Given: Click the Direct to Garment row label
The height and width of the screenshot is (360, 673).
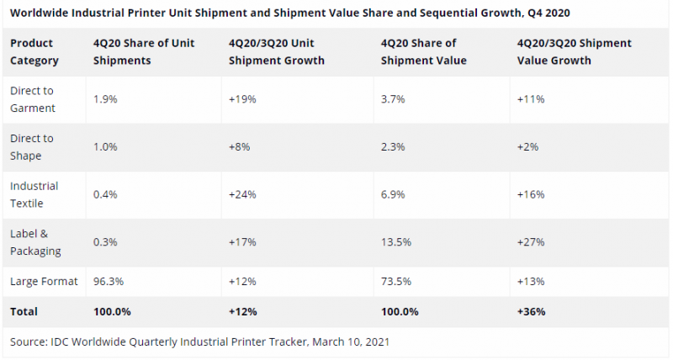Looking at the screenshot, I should coord(32,99).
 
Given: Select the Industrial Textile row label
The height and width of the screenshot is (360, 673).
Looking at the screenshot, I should coord(34,193).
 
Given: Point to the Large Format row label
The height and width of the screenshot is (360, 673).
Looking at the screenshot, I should coord(44,282).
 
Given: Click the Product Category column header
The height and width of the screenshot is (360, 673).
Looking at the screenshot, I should coord(34,51).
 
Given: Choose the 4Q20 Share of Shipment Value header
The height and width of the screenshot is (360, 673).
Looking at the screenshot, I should coord(418,51).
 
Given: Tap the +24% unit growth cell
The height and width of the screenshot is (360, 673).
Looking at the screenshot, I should coord(242,194).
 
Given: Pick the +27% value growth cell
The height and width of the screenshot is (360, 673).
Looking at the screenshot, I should coord(532,241).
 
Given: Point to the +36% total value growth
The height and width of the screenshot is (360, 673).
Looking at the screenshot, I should coord(532,311).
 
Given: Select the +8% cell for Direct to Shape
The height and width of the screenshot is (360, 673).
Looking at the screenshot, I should coord(240,146).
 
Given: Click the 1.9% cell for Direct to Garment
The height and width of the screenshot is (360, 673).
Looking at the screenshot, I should coord(105,99).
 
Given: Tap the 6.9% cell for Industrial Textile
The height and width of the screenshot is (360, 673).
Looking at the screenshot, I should coord(394,194).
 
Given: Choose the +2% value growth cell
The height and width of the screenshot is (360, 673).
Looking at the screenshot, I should coord(528,146).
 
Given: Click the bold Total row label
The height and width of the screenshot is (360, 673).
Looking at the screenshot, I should coord(24,311).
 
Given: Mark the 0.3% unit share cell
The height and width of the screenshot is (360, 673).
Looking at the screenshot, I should coord(105,241).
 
